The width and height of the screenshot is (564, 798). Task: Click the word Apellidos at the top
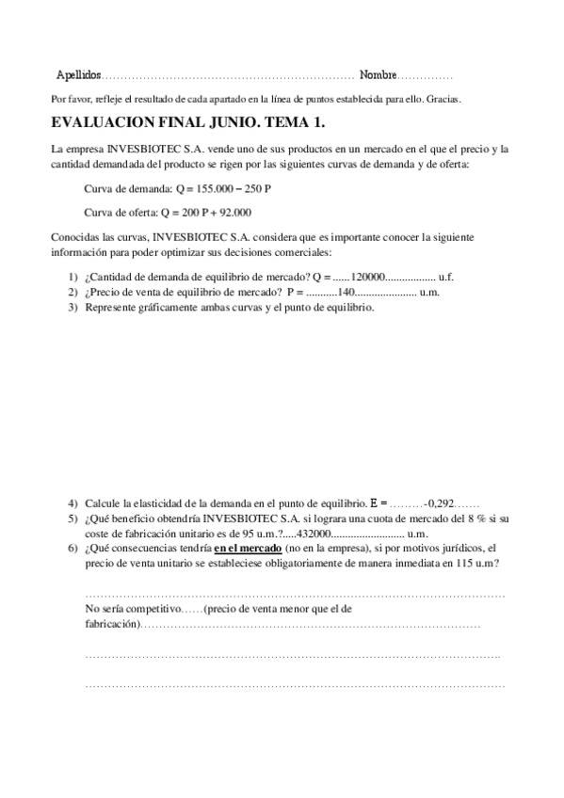pos(78,74)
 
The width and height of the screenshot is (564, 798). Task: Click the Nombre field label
pos(378,74)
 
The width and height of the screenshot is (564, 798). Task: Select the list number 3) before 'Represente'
pos(73,307)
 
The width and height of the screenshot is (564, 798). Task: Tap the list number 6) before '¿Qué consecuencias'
pos(73,548)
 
